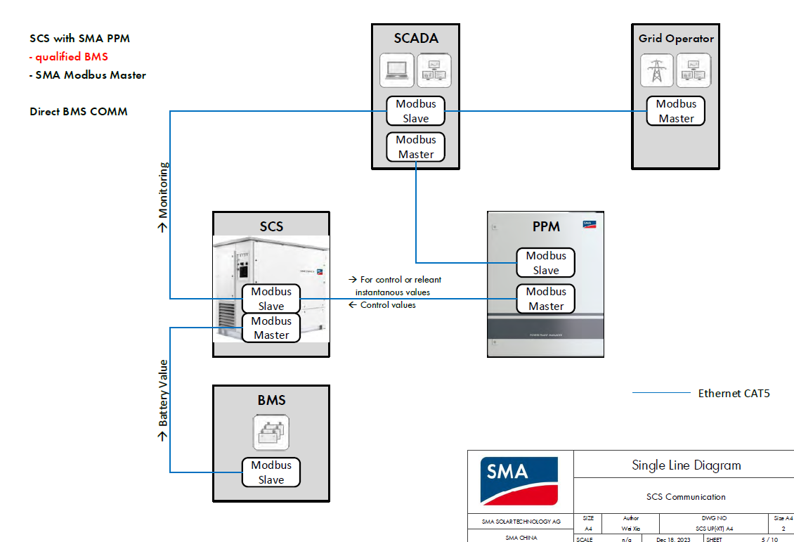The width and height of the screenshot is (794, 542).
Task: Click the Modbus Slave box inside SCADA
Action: tap(416, 111)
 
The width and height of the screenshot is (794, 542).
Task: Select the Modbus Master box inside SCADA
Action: tap(416, 147)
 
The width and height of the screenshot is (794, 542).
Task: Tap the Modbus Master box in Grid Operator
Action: tap(676, 111)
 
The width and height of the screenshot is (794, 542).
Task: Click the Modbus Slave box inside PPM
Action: tap(546, 263)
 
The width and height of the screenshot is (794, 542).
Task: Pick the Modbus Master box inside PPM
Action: tap(546, 299)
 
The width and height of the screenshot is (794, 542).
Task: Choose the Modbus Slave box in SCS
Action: tap(271, 299)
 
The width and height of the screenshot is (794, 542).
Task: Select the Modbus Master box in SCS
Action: tap(271, 328)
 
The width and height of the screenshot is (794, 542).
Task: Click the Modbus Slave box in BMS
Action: tap(271, 472)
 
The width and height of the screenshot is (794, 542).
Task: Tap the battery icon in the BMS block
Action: tap(271, 432)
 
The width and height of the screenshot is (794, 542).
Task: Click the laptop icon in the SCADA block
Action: tap(398, 70)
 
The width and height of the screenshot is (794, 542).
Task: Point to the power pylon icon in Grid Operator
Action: tap(657, 70)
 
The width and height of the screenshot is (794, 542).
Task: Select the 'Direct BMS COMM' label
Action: tap(79, 112)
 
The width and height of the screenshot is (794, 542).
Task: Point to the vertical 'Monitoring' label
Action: tap(163, 198)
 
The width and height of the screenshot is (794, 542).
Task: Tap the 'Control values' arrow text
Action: tap(383, 305)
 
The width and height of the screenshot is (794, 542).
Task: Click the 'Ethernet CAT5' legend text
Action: tap(734, 394)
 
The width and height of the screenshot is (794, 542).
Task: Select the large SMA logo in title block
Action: tap(519, 481)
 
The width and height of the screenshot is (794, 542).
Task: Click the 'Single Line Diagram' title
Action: tap(686, 465)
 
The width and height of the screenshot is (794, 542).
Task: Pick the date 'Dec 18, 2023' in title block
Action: tap(673, 539)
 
